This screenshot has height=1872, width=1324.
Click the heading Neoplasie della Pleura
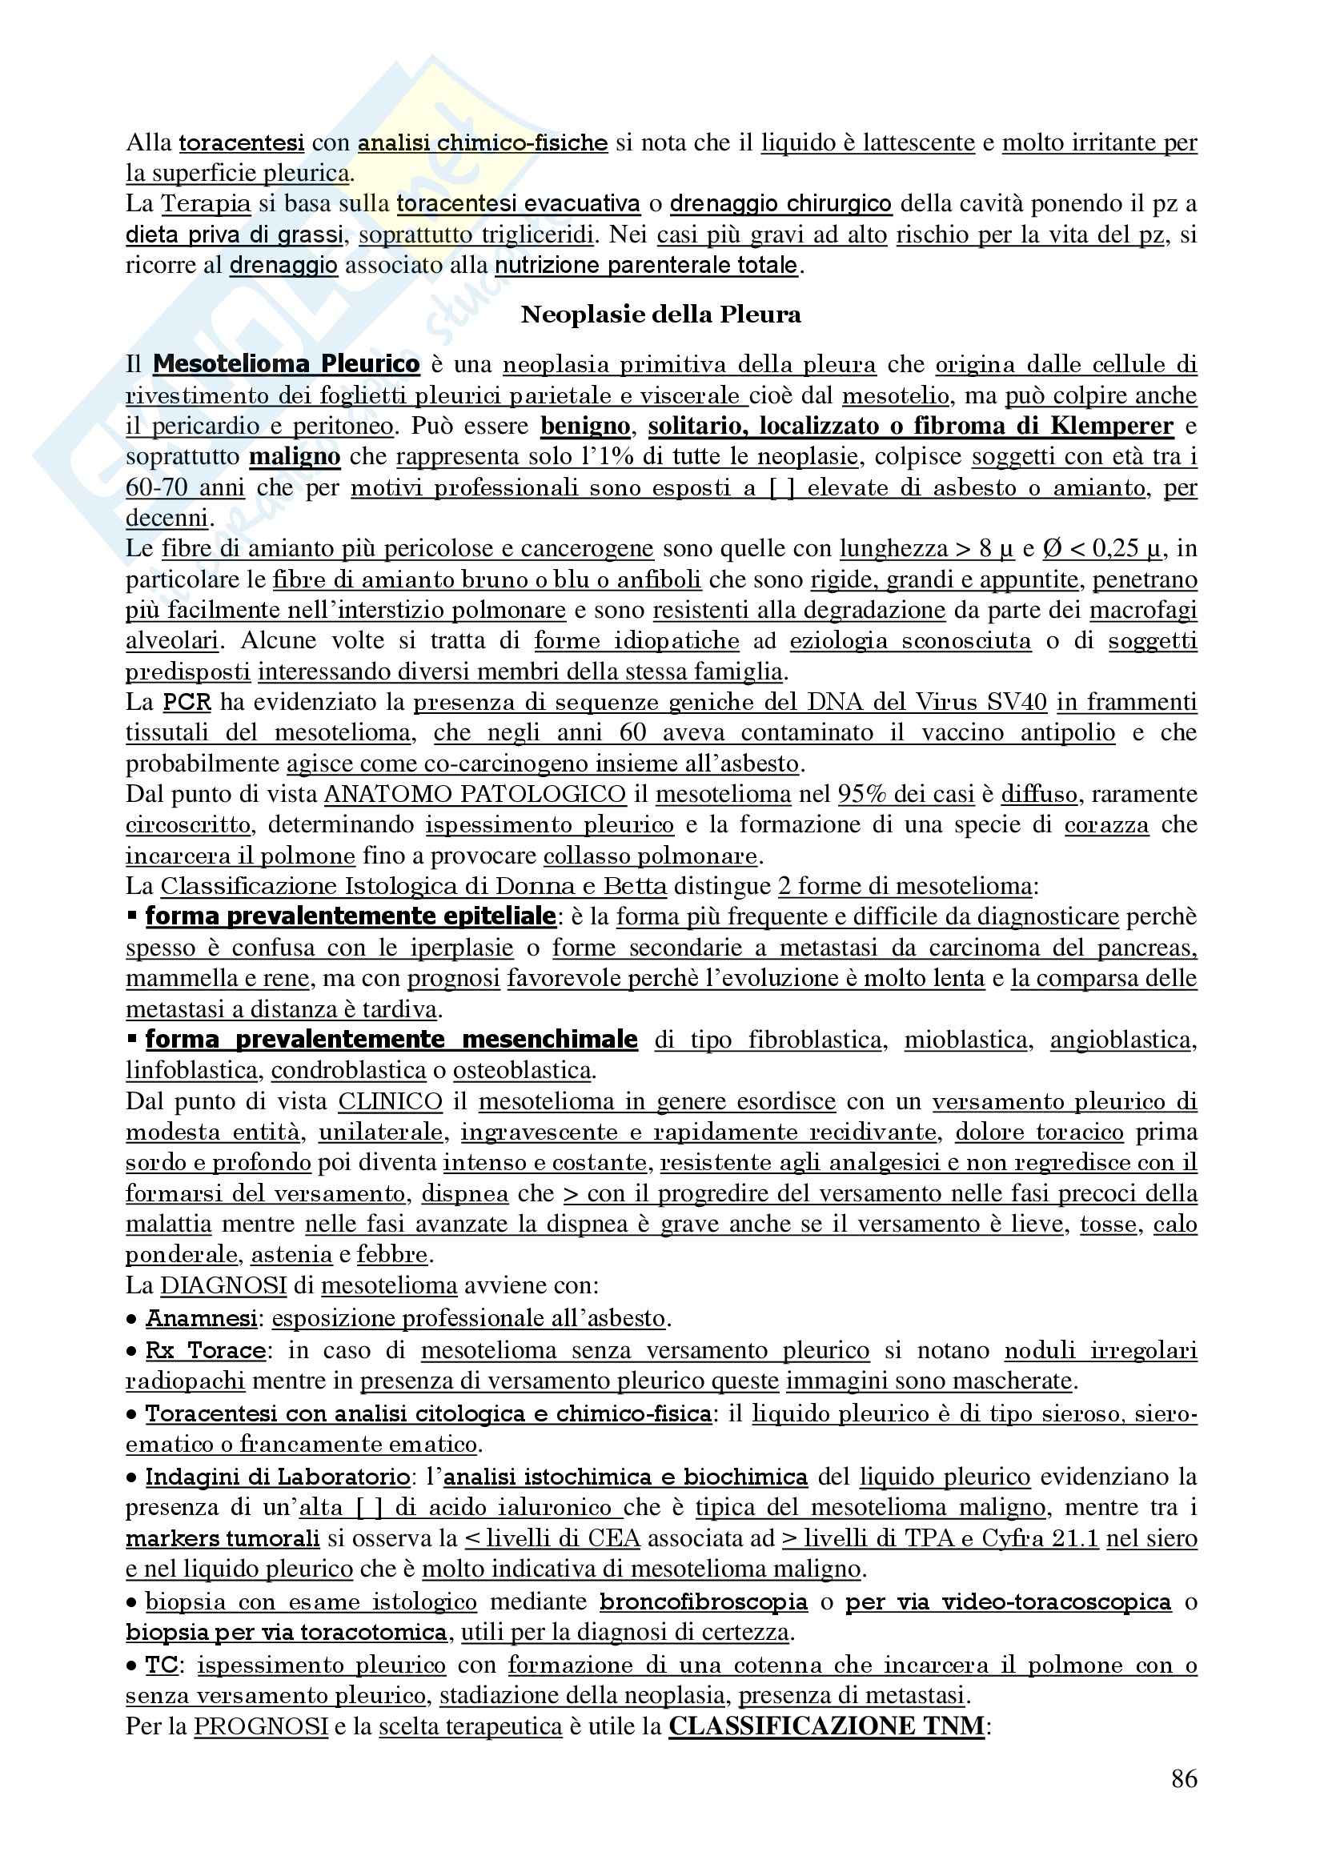(x=660, y=315)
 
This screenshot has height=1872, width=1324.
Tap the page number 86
(x=1184, y=1778)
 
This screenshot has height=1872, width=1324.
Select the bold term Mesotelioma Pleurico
(x=286, y=363)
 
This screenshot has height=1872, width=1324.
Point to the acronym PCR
(x=187, y=702)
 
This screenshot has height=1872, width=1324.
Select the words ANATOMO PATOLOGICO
(x=475, y=794)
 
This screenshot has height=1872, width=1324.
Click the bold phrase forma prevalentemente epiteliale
(x=351, y=916)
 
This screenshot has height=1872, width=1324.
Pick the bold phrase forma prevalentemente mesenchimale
(x=391, y=1040)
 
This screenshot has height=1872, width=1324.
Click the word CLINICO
(x=390, y=1101)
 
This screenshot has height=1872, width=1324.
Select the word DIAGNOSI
(x=223, y=1286)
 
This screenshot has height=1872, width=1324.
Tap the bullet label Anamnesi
(x=202, y=1318)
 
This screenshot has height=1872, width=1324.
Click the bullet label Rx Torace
(x=206, y=1351)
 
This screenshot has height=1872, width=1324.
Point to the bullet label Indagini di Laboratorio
(x=277, y=1477)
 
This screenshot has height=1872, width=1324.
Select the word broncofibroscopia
(x=703, y=1602)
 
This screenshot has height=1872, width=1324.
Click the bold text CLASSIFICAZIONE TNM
(x=827, y=1726)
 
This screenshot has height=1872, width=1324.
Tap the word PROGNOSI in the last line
(x=261, y=1727)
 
